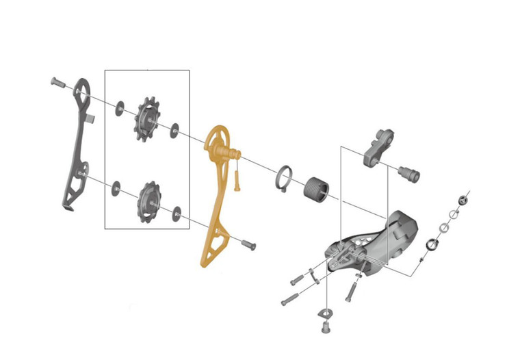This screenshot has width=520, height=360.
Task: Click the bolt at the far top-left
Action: [x=57, y=83]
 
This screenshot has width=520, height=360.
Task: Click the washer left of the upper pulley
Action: [x=118, y=105]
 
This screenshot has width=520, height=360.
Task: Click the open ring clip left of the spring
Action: [x=285, y=179]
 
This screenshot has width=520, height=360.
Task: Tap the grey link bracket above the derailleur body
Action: [x=378, y=148]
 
